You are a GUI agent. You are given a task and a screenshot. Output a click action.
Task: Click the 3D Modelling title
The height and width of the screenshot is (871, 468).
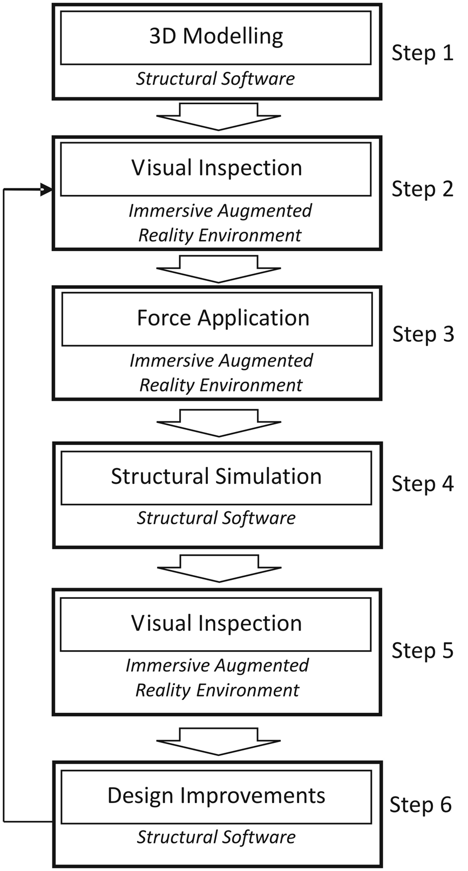coord(216,37)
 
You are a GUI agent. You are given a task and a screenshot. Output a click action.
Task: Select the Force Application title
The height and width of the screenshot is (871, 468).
coord(223,318)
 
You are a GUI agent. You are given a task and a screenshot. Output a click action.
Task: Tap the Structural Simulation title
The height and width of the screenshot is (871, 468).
coord(216,476)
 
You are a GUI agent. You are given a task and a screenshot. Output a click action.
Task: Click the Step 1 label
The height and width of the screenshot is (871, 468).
coord(423,53)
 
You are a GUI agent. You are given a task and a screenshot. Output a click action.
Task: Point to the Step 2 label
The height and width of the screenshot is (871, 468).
coord(423,189)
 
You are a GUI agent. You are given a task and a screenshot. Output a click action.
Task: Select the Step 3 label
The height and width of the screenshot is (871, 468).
coord(423,334)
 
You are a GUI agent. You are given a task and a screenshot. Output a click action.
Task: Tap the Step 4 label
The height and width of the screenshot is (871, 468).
coord(423,484)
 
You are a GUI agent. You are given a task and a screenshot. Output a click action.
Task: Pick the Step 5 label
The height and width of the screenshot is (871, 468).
coord(423,650)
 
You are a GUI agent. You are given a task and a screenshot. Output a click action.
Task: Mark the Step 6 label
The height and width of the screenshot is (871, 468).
coord(420,805)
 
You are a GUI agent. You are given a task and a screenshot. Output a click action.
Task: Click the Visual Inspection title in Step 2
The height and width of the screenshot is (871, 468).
coord(216,168)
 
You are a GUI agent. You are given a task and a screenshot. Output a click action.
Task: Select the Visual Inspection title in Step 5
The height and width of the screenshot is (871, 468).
coord(216,623)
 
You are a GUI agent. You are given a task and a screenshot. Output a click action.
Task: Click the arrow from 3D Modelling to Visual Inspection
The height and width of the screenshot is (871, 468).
coord(219,117)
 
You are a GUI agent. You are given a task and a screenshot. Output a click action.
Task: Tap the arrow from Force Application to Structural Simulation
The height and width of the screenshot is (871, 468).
coord(219,423)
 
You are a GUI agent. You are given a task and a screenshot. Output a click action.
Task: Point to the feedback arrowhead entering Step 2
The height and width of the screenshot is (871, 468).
coord(46,190)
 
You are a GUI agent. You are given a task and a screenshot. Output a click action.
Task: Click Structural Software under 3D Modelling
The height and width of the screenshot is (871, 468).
coord(215,78)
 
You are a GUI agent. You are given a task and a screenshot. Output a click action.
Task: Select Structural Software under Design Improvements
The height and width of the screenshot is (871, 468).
coord(216,838)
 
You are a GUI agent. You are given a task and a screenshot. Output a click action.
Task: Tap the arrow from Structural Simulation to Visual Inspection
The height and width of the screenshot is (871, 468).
coord(219,569)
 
